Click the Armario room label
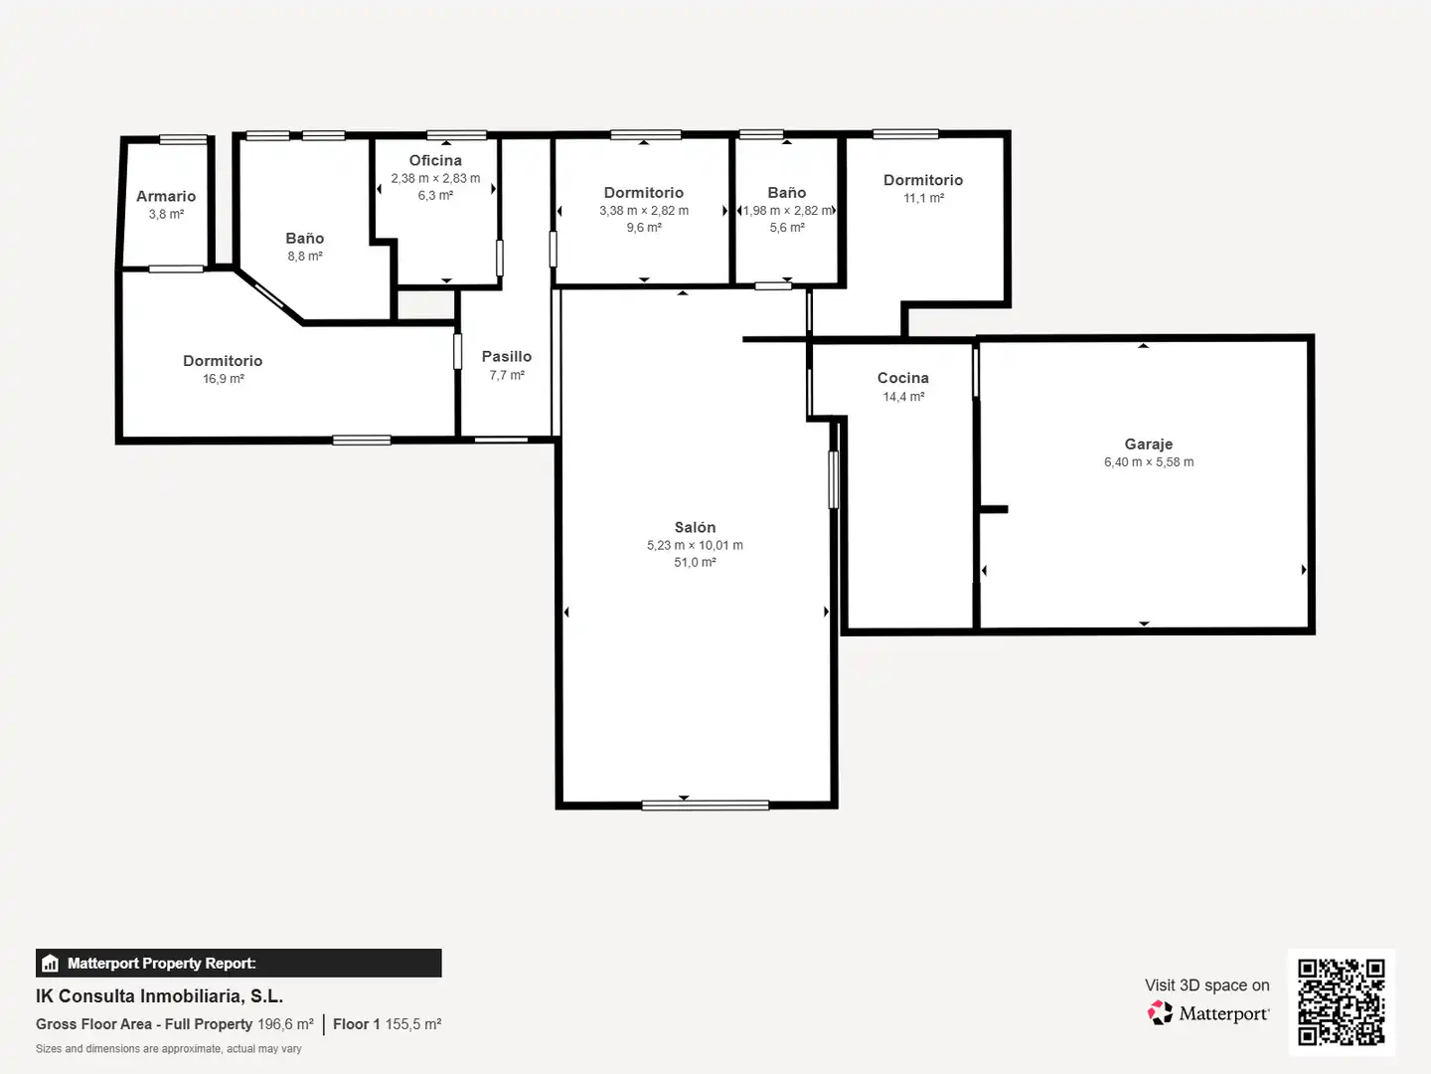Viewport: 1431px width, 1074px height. pyautogui.click(x=166, y=196)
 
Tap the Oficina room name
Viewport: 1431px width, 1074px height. pyautogui.click(x=435, y=160)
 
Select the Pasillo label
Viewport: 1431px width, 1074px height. pyautogui.click(x=507, y=357)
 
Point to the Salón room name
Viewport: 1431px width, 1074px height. pyautogui.click(x=695, y=527)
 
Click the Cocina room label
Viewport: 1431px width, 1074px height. pyautogui.click(x=903, y=378)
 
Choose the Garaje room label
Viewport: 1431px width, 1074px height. pyautogui.click(x=1149, y=445)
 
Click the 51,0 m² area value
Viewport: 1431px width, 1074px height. pyautogui.click(x=695, y=562)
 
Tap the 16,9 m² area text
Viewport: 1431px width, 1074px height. pyautogui.click(x=223, y=379)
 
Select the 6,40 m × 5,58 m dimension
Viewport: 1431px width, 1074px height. pyautogui.click(x=1149, y=462)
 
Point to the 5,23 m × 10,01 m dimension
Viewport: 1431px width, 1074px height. pyautogui.click(x=695, y=545)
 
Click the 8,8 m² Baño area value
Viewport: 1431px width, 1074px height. pyautogui.click(x=305, y=257)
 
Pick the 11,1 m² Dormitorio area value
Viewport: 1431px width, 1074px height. pyautogui.click(x=924, y=198)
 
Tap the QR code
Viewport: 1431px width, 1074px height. pyautogui.click(x=1341, y=1002)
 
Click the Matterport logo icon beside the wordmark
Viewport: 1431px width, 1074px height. pyautogui.click(x=1160, y=1012)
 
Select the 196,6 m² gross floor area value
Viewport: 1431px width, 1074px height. pyautogui.click(x=285, y=1024)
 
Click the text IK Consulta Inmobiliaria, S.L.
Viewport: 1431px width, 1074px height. pyautogui.click(x=160, y=996)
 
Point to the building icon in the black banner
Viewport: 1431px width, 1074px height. pyautogui.click(x=51, y=964)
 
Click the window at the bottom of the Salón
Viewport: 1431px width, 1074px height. pyautogui.click(x=706, y=805)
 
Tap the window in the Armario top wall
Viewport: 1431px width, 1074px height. pyautogui.click(x=183, y=139)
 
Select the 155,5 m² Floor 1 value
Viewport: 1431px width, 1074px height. pyautogui.click(x=413, y=1024)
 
